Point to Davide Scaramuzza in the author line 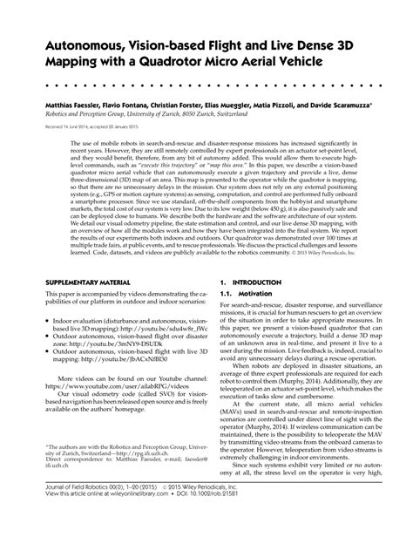pyautogui.click(x=341, y=103)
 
